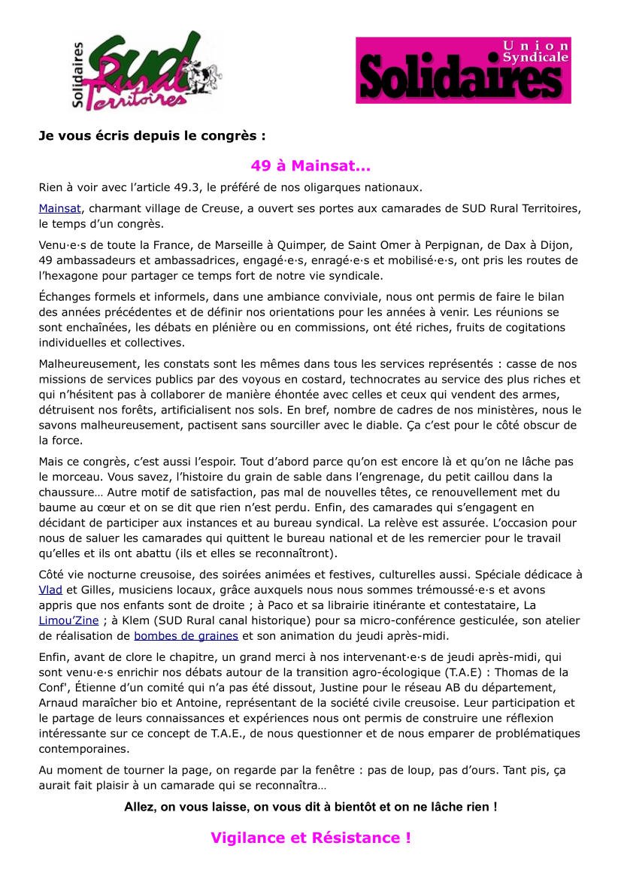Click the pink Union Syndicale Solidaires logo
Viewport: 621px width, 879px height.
click(x=463, y=71)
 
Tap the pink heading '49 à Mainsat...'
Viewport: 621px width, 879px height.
click(x=310, y=165)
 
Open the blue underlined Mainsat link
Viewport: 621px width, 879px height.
click(x=59, y=208)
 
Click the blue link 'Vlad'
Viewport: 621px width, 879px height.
click(x=50, y=590)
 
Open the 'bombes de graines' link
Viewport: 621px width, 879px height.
click(x=186, y=635)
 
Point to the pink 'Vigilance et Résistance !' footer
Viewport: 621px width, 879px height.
click(x=310, y=838)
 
